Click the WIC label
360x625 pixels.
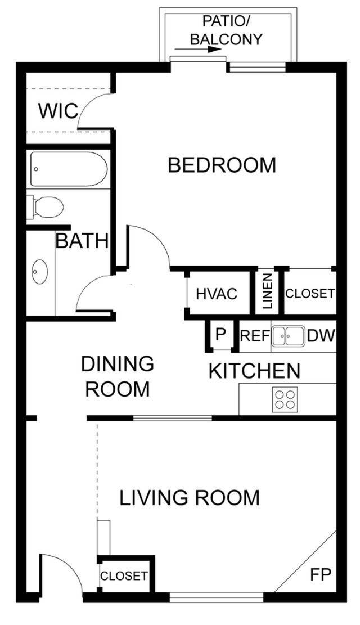click(x=58, y=111)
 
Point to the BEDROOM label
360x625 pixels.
click(x=222, y=165)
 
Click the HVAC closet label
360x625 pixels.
click(x=217, y=294)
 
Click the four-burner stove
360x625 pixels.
click(x=284, y=399)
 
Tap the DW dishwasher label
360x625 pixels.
click(x=321, y=336)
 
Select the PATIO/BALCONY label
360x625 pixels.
click(x=226, y=31)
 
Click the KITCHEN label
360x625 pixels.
click(x=254, y=371)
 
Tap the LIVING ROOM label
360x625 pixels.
click(x=190, y=498)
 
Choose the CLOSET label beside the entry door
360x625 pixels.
click(x=124, y=576)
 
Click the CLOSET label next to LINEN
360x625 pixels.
click(x=310, y=294)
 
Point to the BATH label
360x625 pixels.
click(x=82, y=241)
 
